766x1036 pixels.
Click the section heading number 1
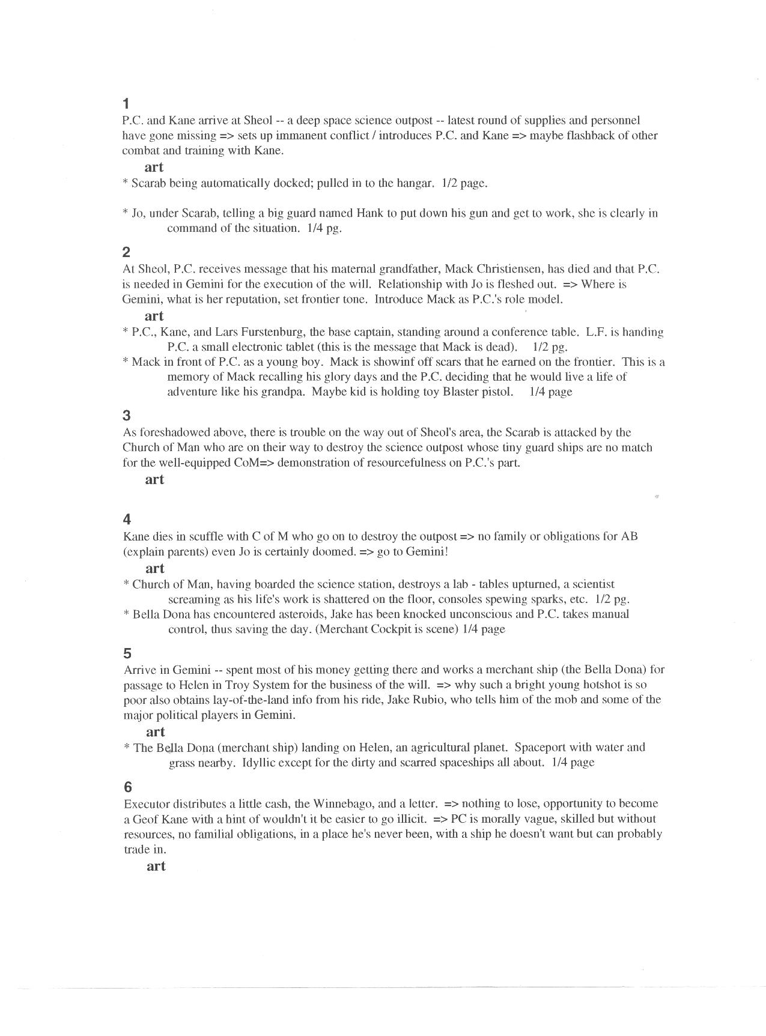coord(126,103)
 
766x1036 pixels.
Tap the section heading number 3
coord(126,415)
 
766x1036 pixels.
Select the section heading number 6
coord(127,787)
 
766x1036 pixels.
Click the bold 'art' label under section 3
coord(154,479)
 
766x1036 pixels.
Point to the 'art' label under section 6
coord(156,866)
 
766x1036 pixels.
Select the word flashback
coord(586,135)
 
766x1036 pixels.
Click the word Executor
coord(147,804)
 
